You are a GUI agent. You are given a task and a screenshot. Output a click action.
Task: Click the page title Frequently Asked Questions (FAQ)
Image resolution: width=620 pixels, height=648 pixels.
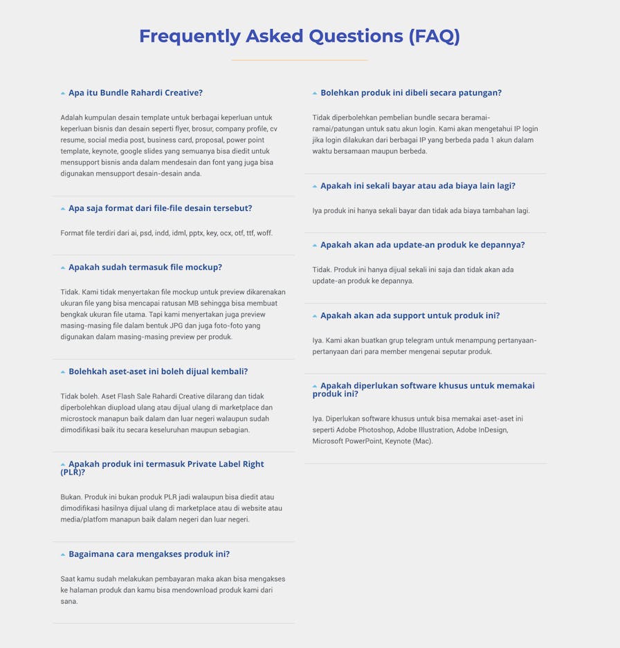(299, 36)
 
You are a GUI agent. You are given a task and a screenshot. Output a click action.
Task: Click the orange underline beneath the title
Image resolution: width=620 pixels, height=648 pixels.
(299, 60)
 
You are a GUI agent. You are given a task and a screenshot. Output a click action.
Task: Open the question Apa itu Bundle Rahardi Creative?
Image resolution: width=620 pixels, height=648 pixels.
(136, 93)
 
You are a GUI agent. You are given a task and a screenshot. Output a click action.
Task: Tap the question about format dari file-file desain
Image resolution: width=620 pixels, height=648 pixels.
(160, 208)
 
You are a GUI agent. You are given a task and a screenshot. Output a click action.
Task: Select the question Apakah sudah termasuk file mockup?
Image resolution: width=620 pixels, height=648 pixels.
(145, 267)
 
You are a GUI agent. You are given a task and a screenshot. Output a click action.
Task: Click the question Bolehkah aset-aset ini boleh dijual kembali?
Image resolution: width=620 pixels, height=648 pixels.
(158, 371)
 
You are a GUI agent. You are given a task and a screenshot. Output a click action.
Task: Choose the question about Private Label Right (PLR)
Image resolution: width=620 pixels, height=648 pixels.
(166, 464)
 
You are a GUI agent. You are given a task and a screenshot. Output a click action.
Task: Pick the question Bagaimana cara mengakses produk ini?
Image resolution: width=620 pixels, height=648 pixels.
(149, 554)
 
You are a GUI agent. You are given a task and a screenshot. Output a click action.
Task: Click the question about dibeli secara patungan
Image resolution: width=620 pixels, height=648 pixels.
(411, 93)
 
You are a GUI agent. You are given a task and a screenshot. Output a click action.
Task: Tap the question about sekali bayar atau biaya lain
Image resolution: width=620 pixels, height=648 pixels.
(418, 186)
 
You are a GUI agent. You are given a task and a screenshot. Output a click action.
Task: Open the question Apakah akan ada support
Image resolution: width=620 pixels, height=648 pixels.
(410, 315)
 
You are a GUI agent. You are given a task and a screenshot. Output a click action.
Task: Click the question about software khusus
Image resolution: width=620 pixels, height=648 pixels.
(427, 386)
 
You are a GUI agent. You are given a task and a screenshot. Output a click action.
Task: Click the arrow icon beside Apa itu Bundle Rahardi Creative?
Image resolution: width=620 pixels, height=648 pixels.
(63, 93)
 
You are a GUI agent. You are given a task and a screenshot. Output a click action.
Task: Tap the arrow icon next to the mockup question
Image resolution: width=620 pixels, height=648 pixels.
(63, 268)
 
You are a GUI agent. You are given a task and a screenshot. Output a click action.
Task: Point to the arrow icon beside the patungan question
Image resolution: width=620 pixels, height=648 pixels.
(315, 93)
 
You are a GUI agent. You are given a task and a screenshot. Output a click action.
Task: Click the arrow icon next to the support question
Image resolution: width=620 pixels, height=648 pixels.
(315, 316)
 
